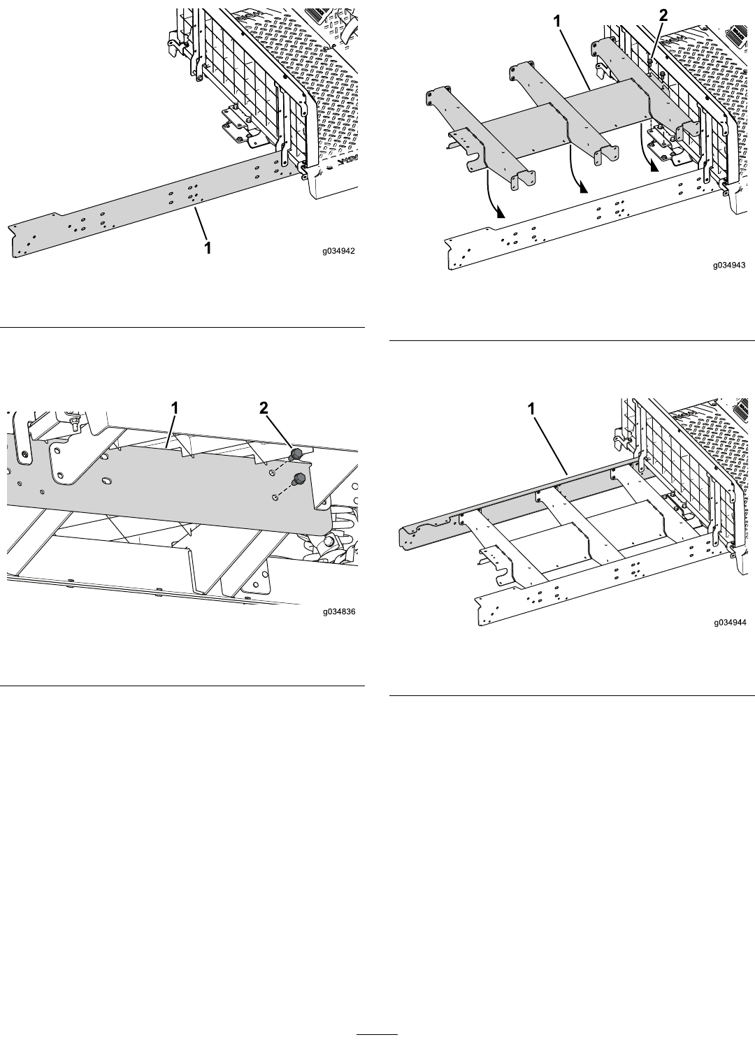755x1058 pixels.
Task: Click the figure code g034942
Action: click(x=338, y=252)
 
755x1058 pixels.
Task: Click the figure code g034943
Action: click(x=730, y=265)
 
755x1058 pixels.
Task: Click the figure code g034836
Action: click(x=339, y=611)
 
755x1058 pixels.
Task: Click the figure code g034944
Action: click(x=730, y=623)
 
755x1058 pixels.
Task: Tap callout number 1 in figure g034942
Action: click(x=207, y=247)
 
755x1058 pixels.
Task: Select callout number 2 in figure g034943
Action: click(x=663, y=15)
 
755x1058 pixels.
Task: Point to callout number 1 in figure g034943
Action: click(x=557, y=21)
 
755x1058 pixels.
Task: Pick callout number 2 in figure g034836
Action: click(x=264, y=407)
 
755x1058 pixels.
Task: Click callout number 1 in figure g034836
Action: click(x=175, y=407)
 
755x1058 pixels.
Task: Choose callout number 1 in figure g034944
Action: click(x=531, y=409)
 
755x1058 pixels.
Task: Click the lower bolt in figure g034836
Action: click(x=299, y=479)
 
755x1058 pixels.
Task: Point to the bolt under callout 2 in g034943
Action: click(x=651, y=63)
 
